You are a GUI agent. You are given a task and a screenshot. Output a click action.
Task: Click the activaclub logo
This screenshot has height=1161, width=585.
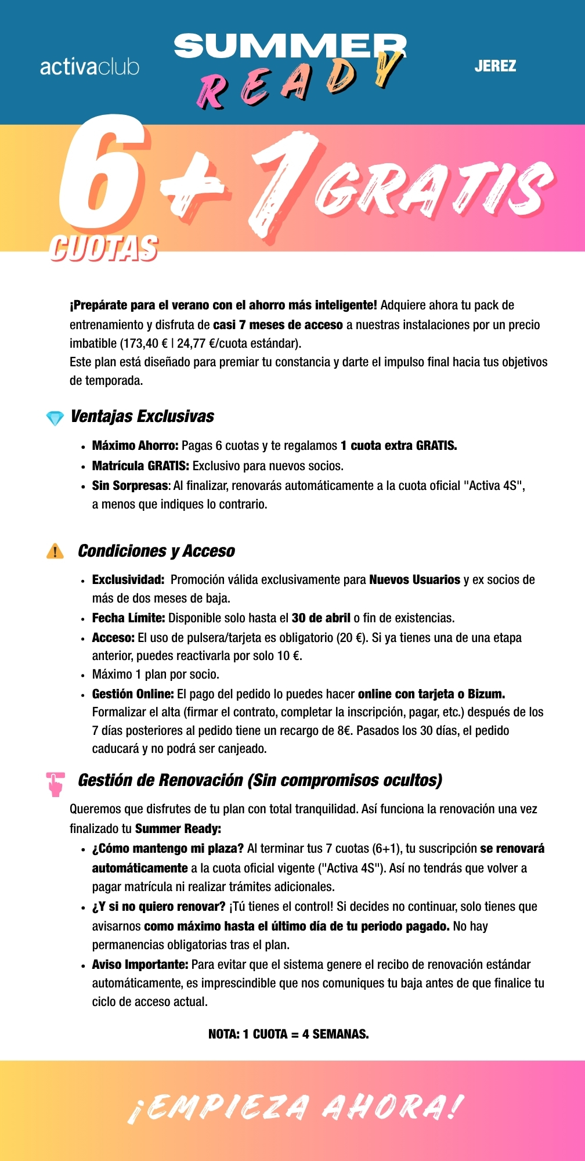click(x=89, y=67)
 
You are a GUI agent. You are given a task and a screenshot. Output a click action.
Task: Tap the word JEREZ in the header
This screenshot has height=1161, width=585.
click(x=495, y=66)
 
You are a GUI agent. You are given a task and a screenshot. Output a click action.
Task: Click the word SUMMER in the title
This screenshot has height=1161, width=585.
click(x=290, y=46)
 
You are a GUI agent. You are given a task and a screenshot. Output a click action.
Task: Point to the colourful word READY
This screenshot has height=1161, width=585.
click(x=299, y=81)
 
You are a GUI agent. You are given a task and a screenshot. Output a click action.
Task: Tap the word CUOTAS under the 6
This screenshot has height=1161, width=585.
click(x=103, y=248)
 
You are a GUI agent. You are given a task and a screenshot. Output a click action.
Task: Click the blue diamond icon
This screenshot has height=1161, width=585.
click(x=55, y=418)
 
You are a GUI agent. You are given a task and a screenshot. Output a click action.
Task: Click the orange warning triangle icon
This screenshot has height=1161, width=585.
click(x=55, y=551)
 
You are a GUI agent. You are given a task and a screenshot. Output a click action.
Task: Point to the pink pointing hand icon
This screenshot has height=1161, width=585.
click(x=56, y=783)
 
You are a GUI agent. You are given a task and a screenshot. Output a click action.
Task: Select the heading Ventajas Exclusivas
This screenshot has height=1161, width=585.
click(x=142, y=416)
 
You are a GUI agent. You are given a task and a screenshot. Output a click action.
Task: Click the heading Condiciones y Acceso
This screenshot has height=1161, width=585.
click(x=156, y=551)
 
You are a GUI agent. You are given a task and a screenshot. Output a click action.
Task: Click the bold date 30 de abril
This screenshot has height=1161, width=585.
click(x=321, y=618)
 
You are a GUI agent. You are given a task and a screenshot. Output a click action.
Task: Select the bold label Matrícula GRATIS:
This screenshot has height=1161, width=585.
click(x=140, y=466)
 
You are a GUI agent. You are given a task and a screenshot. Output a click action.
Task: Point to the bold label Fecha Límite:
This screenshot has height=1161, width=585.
click(x=128, y=618)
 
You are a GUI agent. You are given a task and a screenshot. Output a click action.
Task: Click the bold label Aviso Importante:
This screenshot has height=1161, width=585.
click(x=140, y=964)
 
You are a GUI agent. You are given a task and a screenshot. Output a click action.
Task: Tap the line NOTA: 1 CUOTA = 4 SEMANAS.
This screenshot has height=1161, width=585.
click(x=288, y=1034)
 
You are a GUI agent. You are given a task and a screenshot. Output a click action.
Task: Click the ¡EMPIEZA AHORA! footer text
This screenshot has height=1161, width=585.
click(x=296, y=1108)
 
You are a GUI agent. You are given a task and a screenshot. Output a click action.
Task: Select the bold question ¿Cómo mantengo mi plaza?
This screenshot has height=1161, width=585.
click(x=168, y=849)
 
